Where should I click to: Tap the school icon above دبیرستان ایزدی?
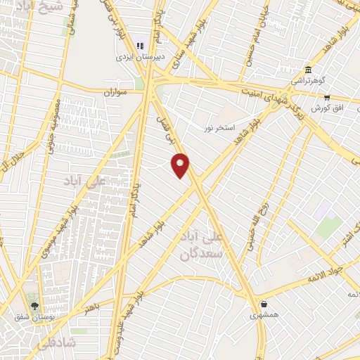tap(139, 41)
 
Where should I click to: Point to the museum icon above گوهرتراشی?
tap(309, 69)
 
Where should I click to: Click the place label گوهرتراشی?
tap(307, 80)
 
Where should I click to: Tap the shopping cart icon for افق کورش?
tap(327, 98)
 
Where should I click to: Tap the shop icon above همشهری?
tap(264, 304)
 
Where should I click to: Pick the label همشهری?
tap(263, 315)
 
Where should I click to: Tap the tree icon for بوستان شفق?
tap(34, 305)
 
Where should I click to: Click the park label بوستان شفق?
tap(34, 316)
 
